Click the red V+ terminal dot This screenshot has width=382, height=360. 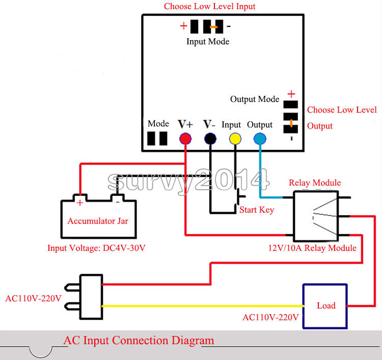coord(185,138)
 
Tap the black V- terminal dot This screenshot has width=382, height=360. coord(209,138)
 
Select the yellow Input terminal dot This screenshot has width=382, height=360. coord(235,138)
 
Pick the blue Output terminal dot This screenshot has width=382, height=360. coord(260,138)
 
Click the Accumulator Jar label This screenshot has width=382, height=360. coord(98,221)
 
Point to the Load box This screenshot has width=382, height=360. coord(325,306)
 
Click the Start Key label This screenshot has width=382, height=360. coord(257,210)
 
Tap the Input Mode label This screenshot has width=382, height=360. coord(208,41)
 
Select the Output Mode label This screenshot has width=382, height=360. coord(255,99)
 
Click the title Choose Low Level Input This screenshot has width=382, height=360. coord(209,7)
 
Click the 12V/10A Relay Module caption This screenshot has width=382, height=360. coord(312,248)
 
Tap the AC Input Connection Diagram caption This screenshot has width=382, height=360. coord(139,341)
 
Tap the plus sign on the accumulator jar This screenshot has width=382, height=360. coord(80,202)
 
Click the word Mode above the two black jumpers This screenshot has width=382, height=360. coord(158,124)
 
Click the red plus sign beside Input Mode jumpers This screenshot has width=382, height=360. coord(183,26)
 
